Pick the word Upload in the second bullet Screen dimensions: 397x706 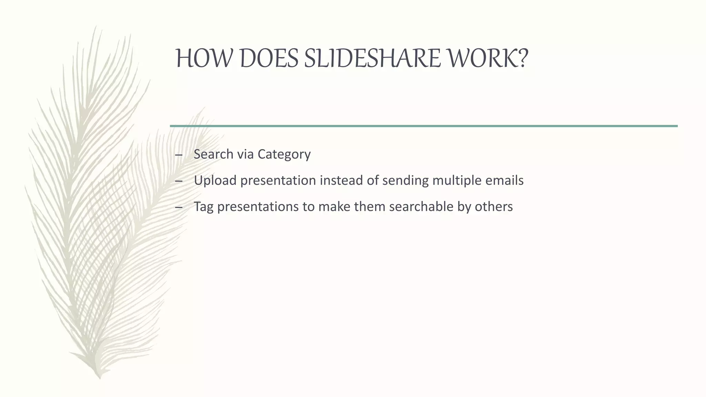pos(215,181)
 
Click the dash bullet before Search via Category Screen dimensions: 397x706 pos(179,155)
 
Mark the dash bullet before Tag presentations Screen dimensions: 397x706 pos(179,207)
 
